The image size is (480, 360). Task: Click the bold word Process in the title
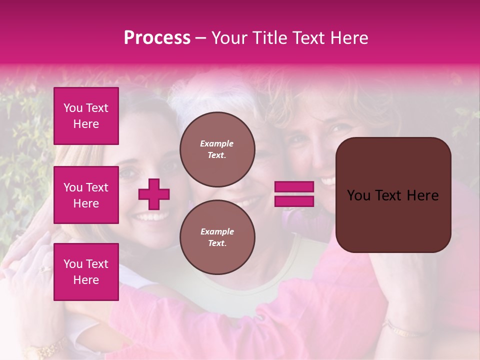point(157,38)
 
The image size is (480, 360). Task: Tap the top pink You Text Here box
point(86,116)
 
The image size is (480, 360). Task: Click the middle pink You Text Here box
point(86,195)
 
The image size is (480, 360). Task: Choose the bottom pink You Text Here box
point(86,272)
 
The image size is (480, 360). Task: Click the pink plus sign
point(154,194)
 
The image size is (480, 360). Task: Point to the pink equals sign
point(294,194)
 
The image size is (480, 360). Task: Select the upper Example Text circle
point(217,149)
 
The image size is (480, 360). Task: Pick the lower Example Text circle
point(217,237)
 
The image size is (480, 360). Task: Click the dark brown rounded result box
point(393,195)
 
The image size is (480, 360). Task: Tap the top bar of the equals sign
point(294,187)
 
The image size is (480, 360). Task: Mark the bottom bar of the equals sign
point(294,201)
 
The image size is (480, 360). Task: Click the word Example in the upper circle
point(217,143)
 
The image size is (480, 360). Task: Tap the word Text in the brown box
point(393,195)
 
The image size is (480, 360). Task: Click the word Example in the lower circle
point(217,231)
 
